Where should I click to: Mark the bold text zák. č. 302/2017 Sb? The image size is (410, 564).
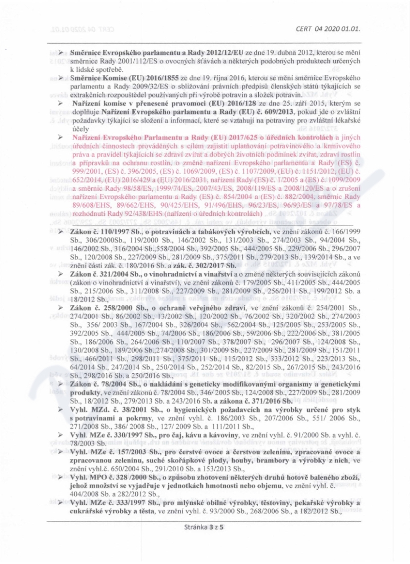point(206,265)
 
